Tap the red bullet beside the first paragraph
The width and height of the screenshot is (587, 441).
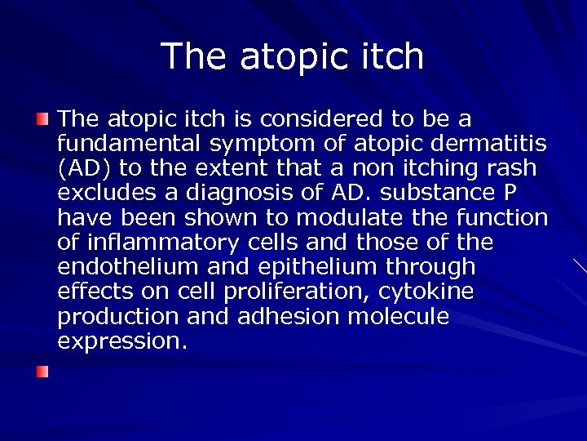42,119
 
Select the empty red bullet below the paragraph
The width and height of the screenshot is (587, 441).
42,372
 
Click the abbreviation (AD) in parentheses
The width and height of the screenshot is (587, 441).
82,169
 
